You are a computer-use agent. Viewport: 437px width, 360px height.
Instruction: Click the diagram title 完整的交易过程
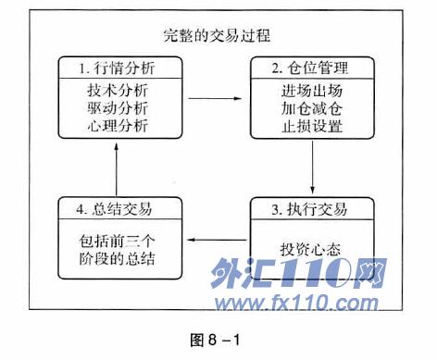(x=217, y=35)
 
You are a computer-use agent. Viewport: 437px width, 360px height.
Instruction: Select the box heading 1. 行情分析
(x=117, y=68)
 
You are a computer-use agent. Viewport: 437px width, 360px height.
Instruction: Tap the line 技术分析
(x=118, y=91)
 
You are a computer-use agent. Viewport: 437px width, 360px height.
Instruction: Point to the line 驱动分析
(x=118, y=108)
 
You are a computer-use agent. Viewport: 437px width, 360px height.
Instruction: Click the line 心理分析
(x=118, y=126)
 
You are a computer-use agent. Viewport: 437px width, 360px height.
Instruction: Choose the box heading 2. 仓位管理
(x=310, y=68)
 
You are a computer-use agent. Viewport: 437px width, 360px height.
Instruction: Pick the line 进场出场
(x=312, y=91)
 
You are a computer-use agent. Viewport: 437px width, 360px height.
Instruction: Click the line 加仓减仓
(x=312, y=108)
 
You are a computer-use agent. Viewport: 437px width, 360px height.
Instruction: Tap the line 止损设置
(x=312, y=126)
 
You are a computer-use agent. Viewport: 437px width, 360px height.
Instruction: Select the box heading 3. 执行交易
(x=309, y=209)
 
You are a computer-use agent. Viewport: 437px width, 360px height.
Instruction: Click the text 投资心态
(x=310, y=249)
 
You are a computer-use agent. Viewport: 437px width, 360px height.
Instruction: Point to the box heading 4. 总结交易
(x=114, y=209)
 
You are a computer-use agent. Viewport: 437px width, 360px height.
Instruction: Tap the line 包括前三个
(x=117, y=242)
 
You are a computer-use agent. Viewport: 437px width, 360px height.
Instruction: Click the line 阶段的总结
(x=117, y=259)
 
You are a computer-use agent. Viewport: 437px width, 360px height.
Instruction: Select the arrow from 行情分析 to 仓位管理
(x=215, y=98)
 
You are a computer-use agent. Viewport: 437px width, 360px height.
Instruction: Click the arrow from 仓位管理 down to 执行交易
(x=312, y=168)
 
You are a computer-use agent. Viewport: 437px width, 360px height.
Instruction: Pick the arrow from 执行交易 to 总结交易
(x=217, y=240)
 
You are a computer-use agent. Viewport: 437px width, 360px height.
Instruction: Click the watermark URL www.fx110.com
(x=296, y=303)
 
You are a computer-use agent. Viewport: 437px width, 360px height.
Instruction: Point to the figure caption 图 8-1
(x=215, y=341)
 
